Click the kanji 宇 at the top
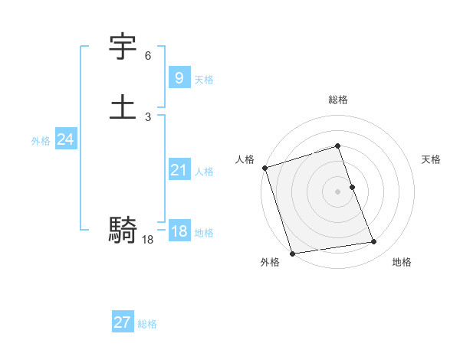(123, 47)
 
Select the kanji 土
(123, 106)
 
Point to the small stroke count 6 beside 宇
(148, 56)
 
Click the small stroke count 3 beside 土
(148, 117)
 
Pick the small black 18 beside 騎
(148, 241)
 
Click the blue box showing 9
(179, 77)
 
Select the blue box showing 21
(179, 170)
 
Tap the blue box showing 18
(179, 231)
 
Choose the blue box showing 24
(65, 139)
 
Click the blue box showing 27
(122, 322)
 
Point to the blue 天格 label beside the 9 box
(203, 80)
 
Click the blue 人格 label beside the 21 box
(203, 172)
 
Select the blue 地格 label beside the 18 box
(203, 233)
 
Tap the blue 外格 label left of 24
(41, 141)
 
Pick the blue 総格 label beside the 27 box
(147, 324)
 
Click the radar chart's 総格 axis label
(338, 100)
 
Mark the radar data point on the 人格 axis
(264, 168)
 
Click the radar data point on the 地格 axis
(374, 242)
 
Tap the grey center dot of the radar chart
(338, 191)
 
